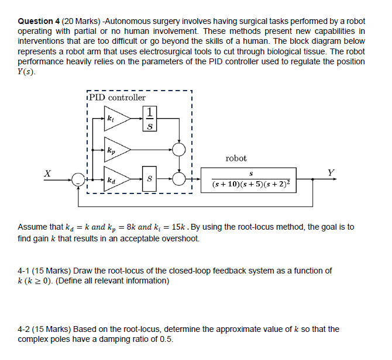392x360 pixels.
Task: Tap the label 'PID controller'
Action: coord(118,98)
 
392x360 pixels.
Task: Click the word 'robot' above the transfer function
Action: coord(236,158)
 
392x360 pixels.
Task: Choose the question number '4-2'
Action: coord(26,329)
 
